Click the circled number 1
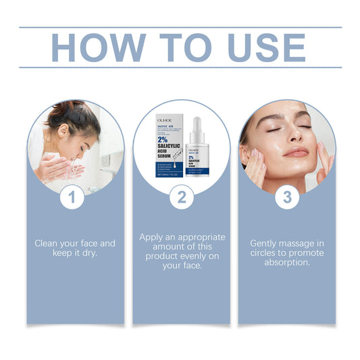[x=75, y=199]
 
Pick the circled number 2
[x=180, y=199]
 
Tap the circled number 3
[x=286, y=199]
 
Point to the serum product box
[x=165, y=149]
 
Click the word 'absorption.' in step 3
[x=286, y=263]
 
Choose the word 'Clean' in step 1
[x=48, y=243]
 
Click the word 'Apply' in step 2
[x=153, y=238]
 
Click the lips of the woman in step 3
[x=296, y=153]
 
